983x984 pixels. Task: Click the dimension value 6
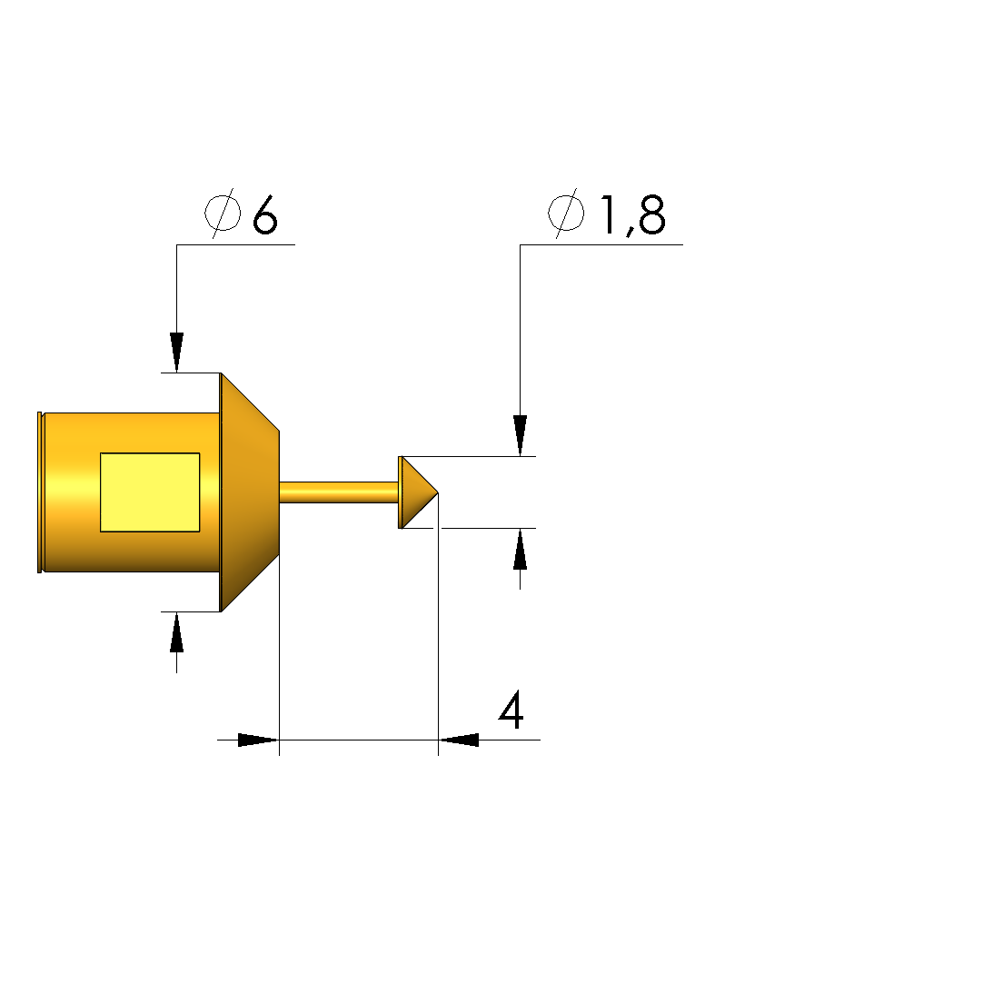coord(264,214)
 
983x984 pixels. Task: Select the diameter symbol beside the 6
coord(223,214)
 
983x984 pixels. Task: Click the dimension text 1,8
coord(632,214)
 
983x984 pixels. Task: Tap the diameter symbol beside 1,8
coord(566,214)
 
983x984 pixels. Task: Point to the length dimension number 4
coord(511,710)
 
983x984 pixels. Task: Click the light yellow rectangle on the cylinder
coord(150,492)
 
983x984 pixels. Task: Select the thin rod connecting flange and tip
coord(339,492)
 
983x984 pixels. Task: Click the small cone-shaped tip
coord(418,492)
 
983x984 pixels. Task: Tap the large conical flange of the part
coord(249,492)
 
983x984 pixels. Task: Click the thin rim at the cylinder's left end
coord(40,492)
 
